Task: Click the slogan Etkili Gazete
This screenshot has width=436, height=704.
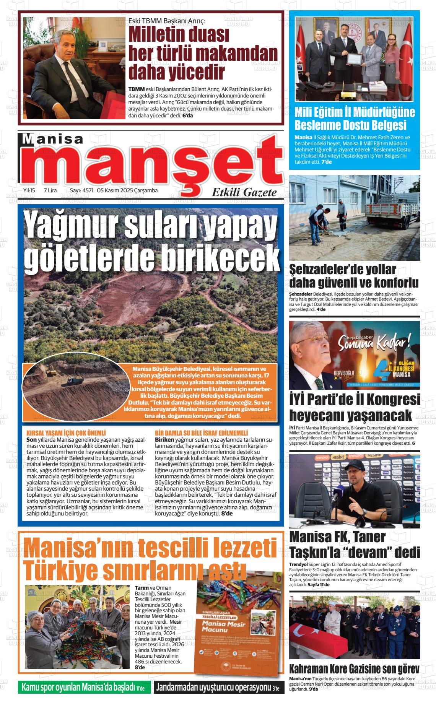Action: (x=244, y=192)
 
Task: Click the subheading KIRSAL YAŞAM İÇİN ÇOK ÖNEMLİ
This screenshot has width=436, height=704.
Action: (x=66, y=433)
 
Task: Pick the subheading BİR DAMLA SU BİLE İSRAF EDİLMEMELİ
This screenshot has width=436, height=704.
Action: (x=202, y=433)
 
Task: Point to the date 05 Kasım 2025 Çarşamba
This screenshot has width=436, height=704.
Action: (x=127, y=190)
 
